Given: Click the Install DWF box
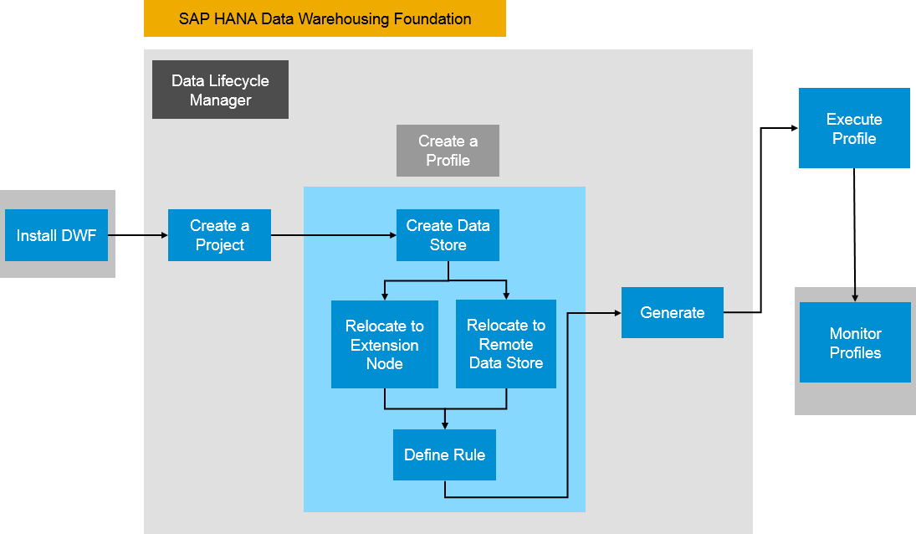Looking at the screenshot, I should pyautogui.click(x=56, y=235).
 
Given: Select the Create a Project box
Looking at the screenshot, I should pyautogui.click(x=219, y=235).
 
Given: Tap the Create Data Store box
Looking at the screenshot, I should pyautogui.click(x=448, y=235).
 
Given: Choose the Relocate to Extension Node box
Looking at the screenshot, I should pyautogui.click(x=385, y=344).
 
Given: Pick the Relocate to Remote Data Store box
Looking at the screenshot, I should pyautogui.click(x=506, y=344).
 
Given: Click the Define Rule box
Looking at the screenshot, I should pyautogui.click(x=444, y=454).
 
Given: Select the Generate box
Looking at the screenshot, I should pyautogui.click(x=672, y=312).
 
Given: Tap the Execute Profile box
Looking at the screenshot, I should pyautogui.click(x=854, y=128).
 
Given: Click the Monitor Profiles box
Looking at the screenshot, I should pyautogui.click(x=855, y=342).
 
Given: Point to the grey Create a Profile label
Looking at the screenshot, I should pyautogui.click(x=448, y=151).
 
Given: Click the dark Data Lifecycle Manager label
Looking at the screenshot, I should pyautogui.click(x=220, y=90).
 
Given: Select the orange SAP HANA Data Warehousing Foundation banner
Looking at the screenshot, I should pyautogui.click(x=325, y=18).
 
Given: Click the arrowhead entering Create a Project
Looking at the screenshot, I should pyautogui.click(x=164, y=236).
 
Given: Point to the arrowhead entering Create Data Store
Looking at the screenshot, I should pyautogui.click(x=392, y=236).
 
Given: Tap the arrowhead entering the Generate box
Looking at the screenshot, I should pyautogui.click(x=617, y=312).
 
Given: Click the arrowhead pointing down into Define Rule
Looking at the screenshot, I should pyautogui.click(x=444, y=425).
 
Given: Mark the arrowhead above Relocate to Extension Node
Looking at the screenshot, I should pyautogui.click(x=385, y=295).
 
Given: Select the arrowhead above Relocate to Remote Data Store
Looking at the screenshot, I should pyautogui.click(x=506, y=295).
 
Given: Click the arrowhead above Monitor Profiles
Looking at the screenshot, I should pyautogui.click(x=855, y=297).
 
